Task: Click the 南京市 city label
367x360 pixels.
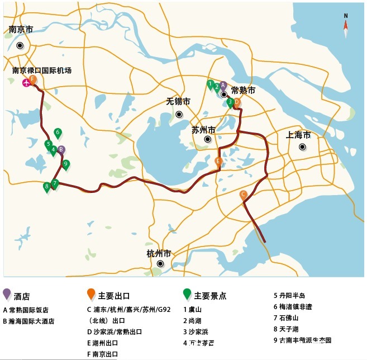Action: [21, 30]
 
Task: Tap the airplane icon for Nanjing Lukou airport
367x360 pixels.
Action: [26, 83]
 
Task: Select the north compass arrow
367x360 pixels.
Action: [346, 26]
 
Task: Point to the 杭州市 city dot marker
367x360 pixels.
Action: [160, 264]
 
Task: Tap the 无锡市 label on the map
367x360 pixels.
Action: [178, 102]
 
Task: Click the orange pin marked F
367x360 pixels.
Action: [33, 80]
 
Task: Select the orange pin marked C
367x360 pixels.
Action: [243, 195]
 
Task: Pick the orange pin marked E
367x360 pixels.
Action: [218, 162]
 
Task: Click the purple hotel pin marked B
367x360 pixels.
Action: [61, 150]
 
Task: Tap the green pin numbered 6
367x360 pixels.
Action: [58, 133]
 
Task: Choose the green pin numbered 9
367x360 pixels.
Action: [66, 164]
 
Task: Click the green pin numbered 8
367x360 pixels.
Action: [46, 187]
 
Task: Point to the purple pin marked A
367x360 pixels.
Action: [223, 86]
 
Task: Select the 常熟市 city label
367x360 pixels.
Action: [243, 90]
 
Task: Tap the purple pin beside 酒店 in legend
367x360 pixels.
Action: [7, 294]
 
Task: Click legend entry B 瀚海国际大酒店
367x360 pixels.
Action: [28, 321]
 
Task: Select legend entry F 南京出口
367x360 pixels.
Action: [103, 354]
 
